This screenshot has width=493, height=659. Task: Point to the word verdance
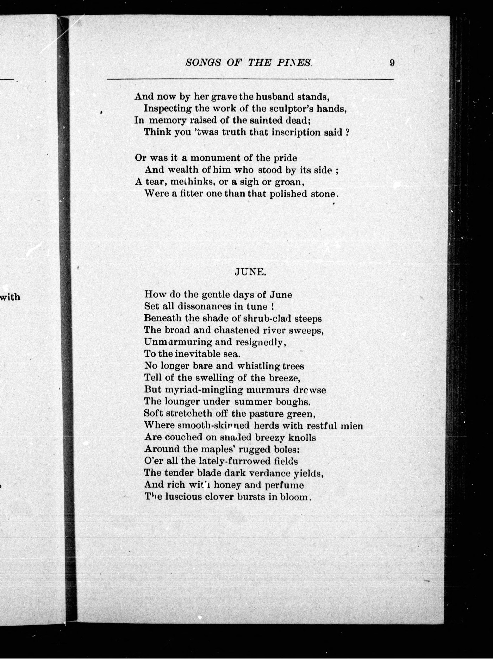270,473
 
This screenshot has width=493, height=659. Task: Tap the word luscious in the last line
184,497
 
